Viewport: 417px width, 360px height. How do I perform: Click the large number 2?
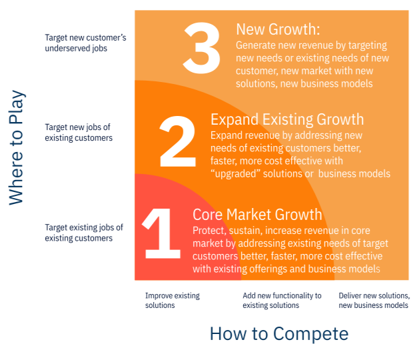click(178, 141)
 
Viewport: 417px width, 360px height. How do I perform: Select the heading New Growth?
click(278, 29)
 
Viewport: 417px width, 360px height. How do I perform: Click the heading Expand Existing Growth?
click(287, 119)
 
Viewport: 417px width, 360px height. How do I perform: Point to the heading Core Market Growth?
click(257, 214)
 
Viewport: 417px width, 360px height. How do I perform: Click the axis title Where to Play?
click(17, 147)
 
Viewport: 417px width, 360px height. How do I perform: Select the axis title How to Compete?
click(278, 333)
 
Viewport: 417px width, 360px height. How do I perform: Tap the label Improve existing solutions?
click(172, 300)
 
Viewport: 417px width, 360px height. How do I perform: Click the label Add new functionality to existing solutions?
click(282, 300)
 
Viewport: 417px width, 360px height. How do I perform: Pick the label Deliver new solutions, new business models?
click(374, 300)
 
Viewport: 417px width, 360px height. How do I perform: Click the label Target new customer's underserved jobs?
click(85, 43)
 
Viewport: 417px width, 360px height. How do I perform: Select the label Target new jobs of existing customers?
click(78, 132)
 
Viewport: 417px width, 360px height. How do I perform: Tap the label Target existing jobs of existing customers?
click(83, 233)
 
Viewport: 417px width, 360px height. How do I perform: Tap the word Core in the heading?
click(207, 214)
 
